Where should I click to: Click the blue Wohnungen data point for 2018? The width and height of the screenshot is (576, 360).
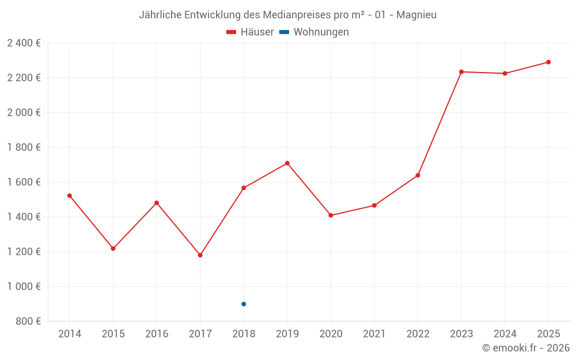244,304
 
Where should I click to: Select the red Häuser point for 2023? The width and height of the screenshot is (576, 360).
461,72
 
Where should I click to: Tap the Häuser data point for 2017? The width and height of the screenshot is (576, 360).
200,255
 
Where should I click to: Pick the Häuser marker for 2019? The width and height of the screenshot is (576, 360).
287,163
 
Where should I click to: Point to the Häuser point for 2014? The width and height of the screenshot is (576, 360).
70,196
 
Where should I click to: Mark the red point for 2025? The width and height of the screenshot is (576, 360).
548,62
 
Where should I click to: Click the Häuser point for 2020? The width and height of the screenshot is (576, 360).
331,215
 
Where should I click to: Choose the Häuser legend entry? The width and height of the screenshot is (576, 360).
250,32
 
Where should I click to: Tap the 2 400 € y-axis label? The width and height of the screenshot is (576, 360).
24,43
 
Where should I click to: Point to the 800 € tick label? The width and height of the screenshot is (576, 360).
28,321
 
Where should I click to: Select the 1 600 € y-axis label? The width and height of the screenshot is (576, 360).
24,182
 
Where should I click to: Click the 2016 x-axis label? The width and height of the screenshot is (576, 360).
157,334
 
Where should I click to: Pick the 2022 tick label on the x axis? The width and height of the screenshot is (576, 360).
418,334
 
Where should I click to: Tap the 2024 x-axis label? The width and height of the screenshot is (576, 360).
505,334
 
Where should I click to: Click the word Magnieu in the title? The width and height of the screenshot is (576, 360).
416,14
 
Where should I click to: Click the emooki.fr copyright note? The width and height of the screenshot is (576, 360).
526,348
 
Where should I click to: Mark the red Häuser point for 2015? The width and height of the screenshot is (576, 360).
113,249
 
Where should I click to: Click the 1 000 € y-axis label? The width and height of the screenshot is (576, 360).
24,287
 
